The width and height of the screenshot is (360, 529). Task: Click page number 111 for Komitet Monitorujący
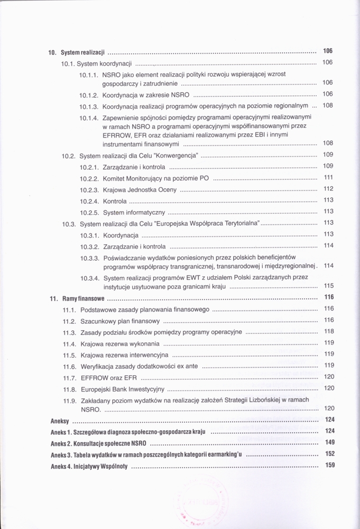click(328, 178)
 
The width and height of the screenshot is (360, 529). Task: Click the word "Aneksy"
click(60, 422)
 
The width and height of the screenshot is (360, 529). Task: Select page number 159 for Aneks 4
click(330, 466)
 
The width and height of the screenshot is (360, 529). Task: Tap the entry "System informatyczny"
click(134, 212)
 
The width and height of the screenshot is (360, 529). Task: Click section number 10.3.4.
click(90, 278)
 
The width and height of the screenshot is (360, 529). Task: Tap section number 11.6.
click(70, 366)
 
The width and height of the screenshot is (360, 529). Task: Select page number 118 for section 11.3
click(328, 332)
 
